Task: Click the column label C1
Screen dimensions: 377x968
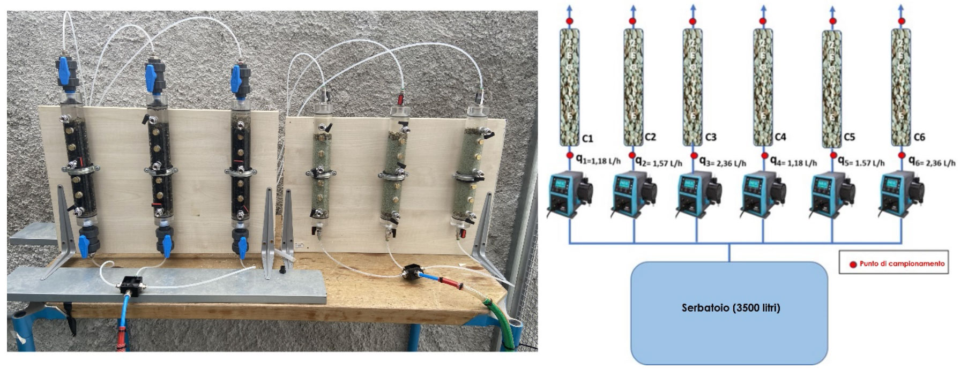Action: click(x=587, y=139)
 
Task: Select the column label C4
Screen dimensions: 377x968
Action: click(x=780, y=137)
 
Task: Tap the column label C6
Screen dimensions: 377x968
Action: click(x=919, y=138)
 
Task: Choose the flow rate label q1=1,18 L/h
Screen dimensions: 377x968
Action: click(x=599, y=160)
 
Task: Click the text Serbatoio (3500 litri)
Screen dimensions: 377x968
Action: click(x=731, y=308)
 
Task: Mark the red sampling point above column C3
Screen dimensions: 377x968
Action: click(x=693, y=21)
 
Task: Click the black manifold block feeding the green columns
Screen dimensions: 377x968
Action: click(x=413, y=270)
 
